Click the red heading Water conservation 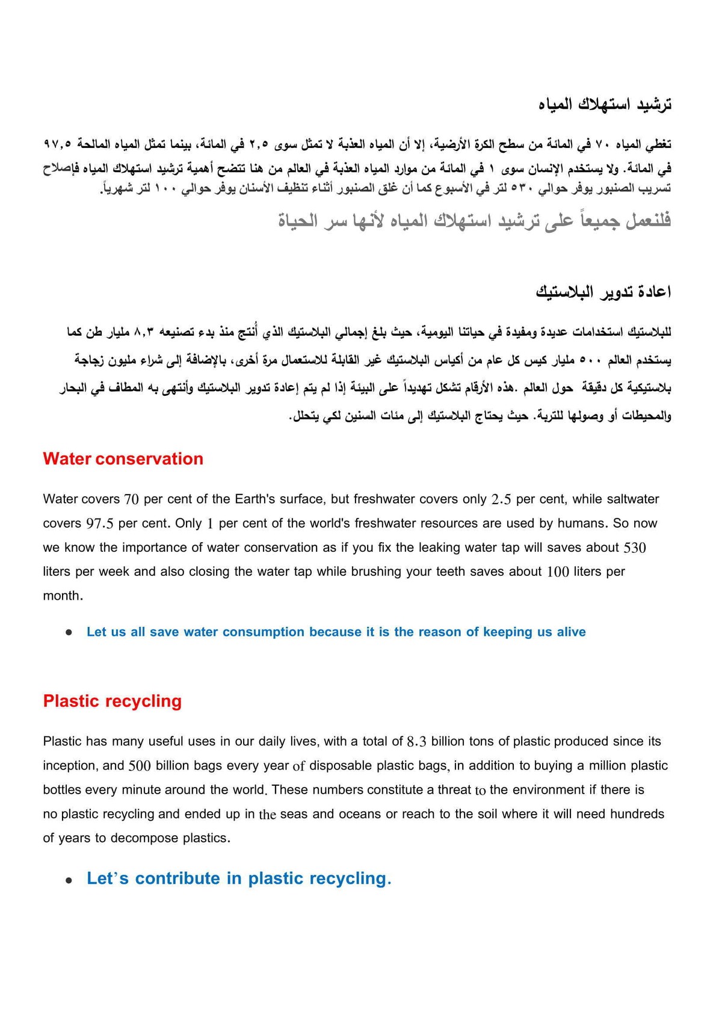[123, 459]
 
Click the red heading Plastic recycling [113, 702]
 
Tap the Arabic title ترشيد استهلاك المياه [605, 105]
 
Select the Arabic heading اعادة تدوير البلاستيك [603, 292]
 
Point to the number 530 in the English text [635, 548]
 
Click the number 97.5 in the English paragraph [100, 524]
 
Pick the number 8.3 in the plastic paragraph [416, 742]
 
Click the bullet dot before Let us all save [70, 632]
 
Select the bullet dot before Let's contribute [70, 880]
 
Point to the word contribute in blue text [177, 878]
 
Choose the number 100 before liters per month [557, 572]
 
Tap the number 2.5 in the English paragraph [501, 500]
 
